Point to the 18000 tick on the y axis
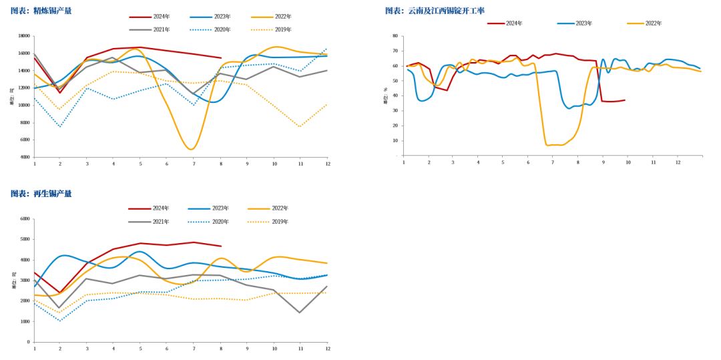pos(23,36)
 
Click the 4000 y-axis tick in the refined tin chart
pos(25,157)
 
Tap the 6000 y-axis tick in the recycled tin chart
pos(25,218)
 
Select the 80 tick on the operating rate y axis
pos(395,36)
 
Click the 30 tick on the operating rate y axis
pos(395,111)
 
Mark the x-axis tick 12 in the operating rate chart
pos(678,162)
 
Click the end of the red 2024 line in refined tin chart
pos(220,58)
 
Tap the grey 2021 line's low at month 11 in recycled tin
pos(300,312)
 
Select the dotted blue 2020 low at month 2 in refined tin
pos(60,127)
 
